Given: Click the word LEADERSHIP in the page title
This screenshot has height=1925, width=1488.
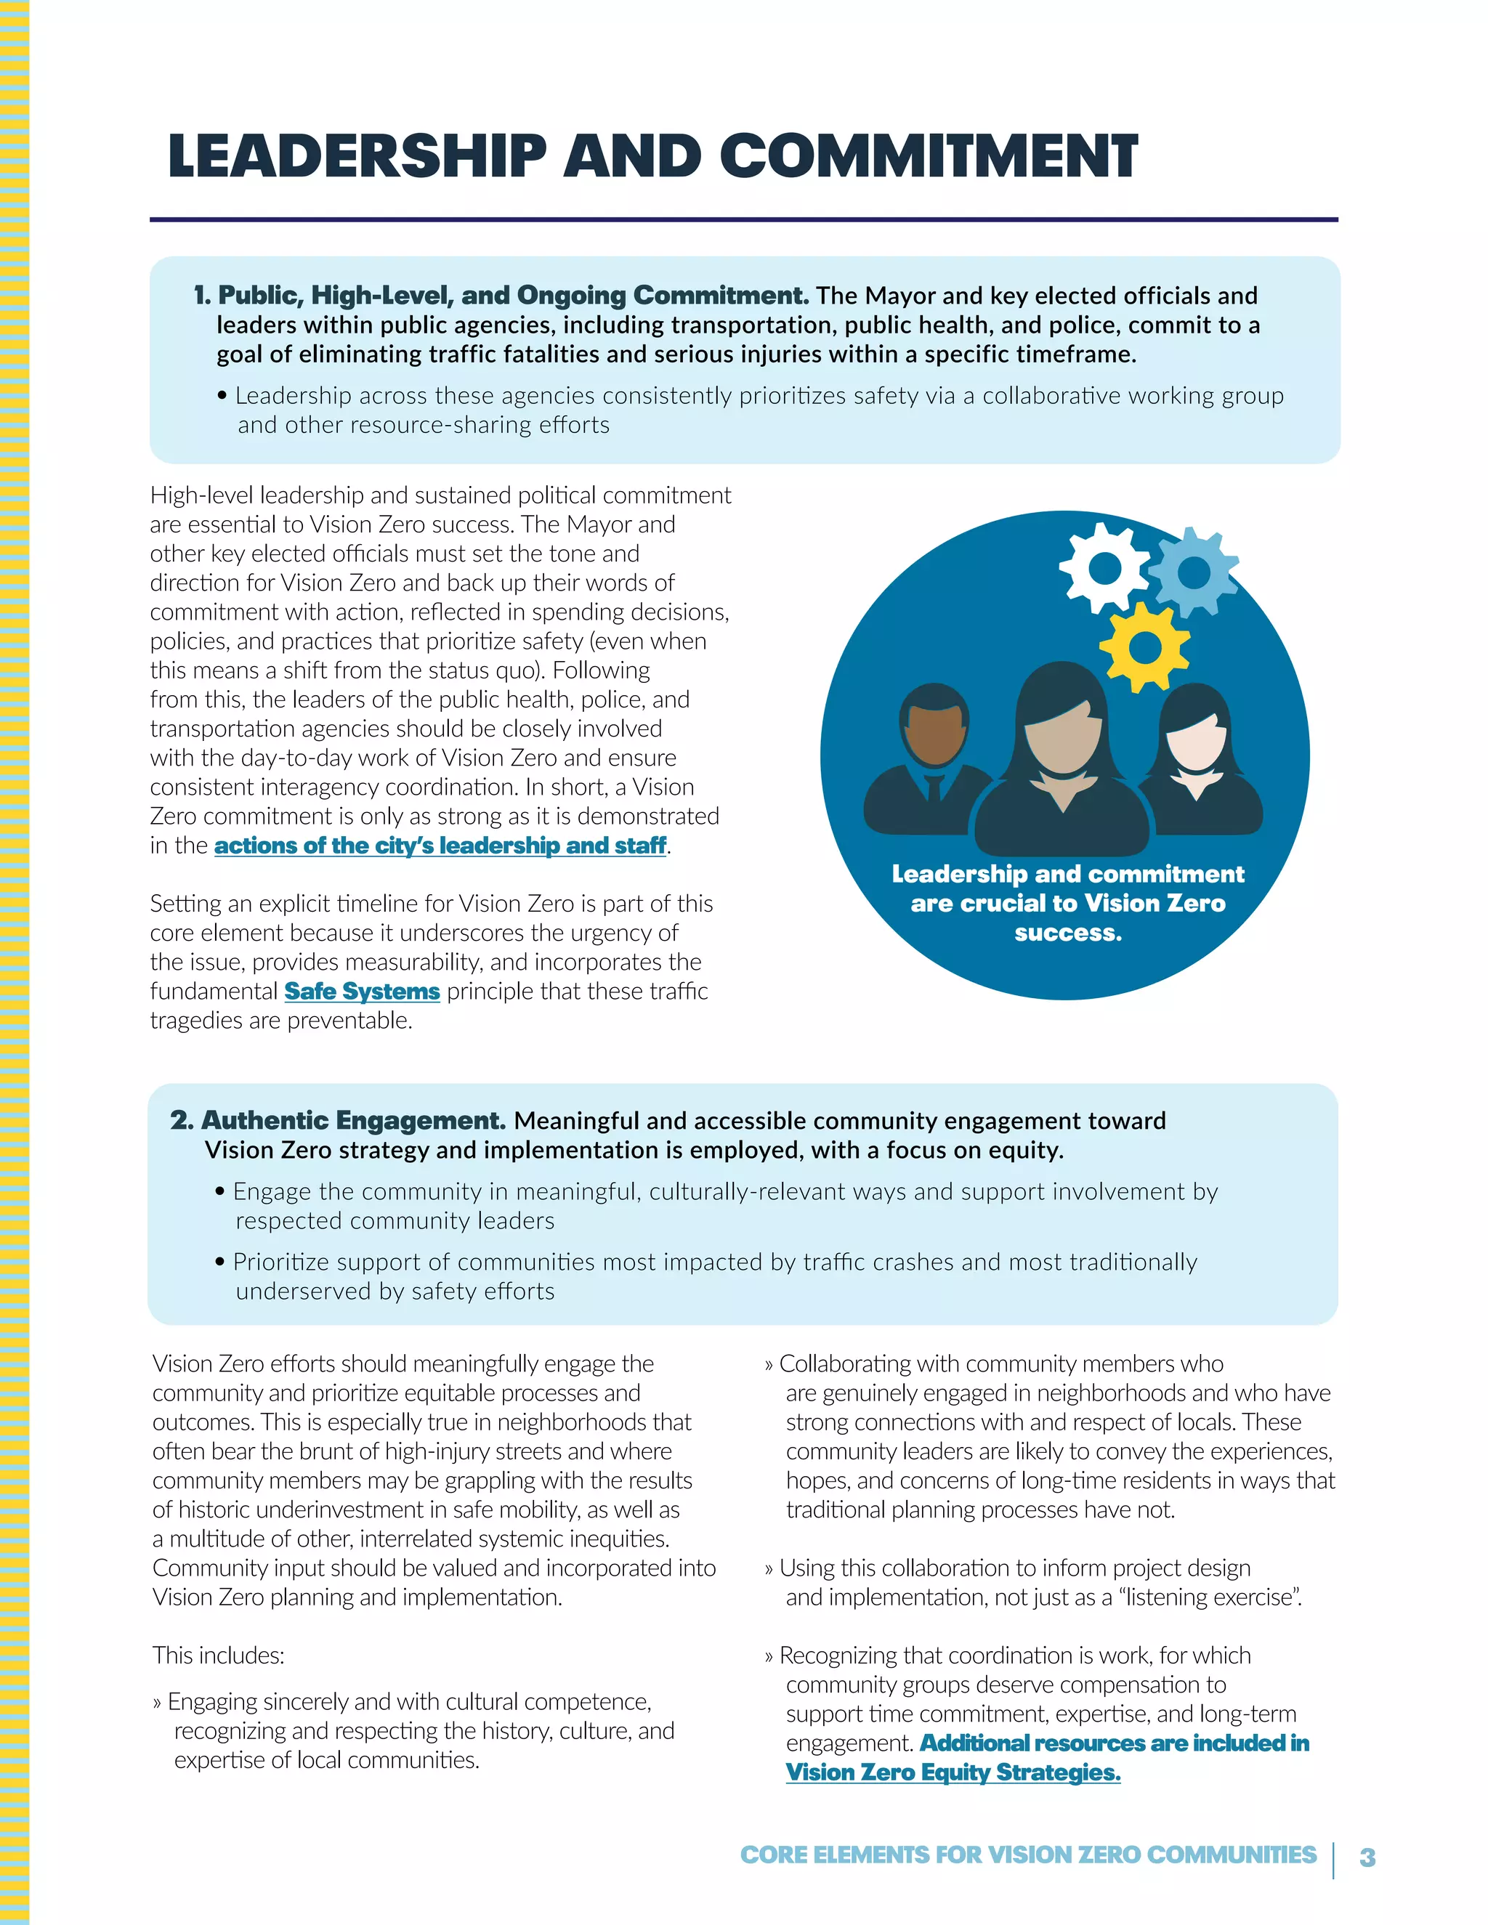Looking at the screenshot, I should click(357, 156).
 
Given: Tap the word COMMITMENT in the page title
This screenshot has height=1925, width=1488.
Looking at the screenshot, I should click(929, 156).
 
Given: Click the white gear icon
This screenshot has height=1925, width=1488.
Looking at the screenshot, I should click(1104, 569).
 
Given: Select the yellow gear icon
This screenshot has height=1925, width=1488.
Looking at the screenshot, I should click(1144, 648).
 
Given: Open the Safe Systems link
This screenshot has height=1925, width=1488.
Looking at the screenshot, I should click(361, 992).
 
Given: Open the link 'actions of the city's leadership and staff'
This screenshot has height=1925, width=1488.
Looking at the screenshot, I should click(440, 846).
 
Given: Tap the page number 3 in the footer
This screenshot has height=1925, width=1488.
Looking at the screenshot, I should click(1367, 1857).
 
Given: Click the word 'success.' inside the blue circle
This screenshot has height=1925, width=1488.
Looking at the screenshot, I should click(1067, 933).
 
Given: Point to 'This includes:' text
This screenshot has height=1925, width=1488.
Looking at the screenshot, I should click(219, 1655).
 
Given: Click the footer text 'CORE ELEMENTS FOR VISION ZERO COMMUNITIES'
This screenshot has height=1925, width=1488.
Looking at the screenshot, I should click(1028, 1855).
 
